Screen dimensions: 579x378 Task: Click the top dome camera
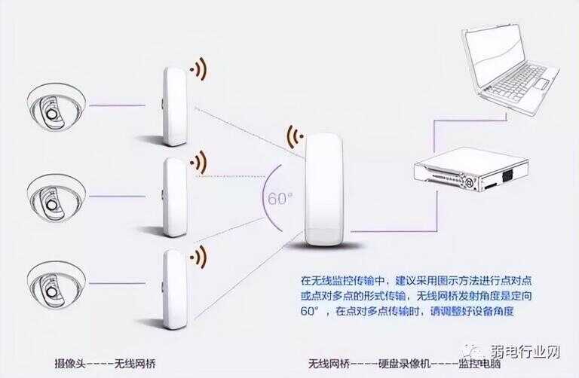(x=56, y=108)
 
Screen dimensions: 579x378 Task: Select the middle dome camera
(x=56, y=198)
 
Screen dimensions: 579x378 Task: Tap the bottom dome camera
(x=56, y=286)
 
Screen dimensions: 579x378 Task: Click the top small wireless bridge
(x=175, y=107)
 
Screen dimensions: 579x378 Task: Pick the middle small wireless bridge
(x=175, y=197)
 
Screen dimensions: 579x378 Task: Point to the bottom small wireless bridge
(x=175, y=289)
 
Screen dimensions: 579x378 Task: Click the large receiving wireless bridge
(x=325, y=189)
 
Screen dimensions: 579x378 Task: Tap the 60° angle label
(x=280, y=199)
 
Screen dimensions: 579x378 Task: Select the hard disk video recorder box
(x=470, y=169)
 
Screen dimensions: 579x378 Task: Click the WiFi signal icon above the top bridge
(x=199, y=69)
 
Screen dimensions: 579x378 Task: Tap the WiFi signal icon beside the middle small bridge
(x=199, y=162)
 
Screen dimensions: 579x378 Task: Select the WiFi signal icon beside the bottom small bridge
(x=199, y=256)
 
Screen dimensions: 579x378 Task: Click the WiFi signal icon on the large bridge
(x=296, y=137)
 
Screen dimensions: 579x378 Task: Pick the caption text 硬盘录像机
(x=404, y=364)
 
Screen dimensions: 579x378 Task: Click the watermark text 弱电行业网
(x=525, y=352)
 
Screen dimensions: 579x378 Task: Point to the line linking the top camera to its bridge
(x=118, y=106)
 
